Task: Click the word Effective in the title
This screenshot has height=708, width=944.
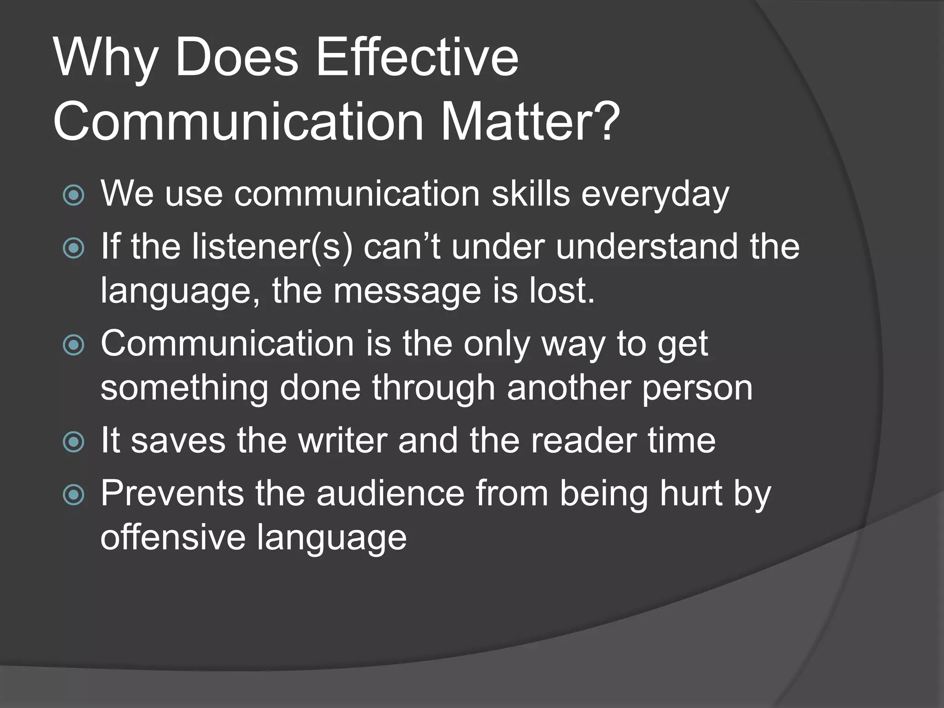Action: tap(417, 59)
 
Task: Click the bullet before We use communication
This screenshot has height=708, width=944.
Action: tap(74, 195)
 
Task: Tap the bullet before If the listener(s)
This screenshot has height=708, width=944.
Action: tap(74, 248)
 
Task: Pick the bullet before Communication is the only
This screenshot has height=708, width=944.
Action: tap(74, 345)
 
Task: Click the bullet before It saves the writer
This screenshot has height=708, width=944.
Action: tap(74, 442)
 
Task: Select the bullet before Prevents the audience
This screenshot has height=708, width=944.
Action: tap(74, 495)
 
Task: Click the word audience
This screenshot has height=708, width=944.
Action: tap(390, 494)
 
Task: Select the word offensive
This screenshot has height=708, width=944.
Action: tap(173, 537)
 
